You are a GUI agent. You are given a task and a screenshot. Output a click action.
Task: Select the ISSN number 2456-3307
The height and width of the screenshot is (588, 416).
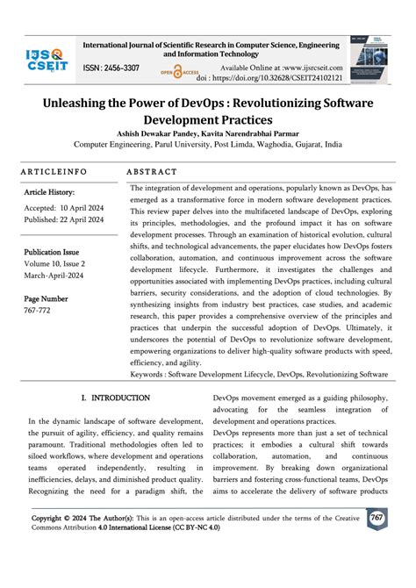click(111, 68)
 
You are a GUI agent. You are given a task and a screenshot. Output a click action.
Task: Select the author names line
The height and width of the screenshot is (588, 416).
click(207, 133)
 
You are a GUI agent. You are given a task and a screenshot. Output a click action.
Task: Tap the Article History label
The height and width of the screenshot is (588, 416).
click(49, 191)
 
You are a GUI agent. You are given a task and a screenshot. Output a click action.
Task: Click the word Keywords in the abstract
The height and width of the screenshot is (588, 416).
click(148, 374)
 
